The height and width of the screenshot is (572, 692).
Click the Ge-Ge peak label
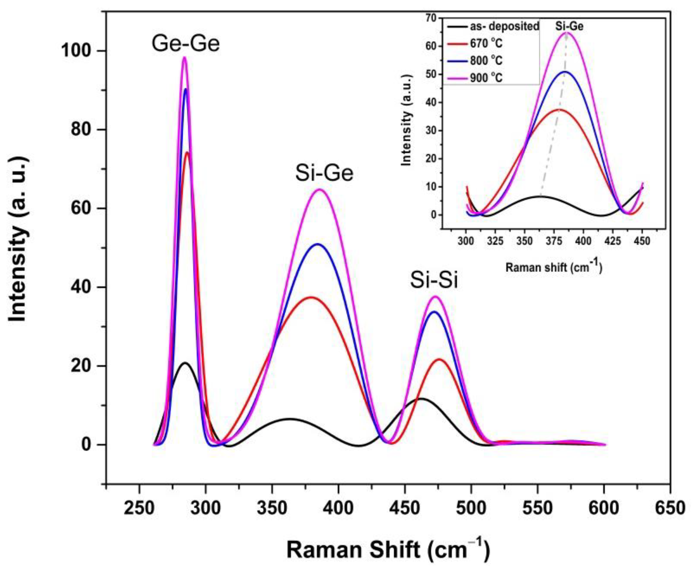point(185,44)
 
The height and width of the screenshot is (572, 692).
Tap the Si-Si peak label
point(434,281)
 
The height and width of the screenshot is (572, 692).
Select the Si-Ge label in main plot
point(324,174)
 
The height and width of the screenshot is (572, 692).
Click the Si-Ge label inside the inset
point(570,26)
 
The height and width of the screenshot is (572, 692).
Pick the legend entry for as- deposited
point(505,26)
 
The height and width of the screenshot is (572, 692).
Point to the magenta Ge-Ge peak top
point(185,57)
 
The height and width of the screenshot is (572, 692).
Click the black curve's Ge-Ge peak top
point(185,363)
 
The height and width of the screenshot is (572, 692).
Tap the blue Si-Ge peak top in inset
point(565,72)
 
